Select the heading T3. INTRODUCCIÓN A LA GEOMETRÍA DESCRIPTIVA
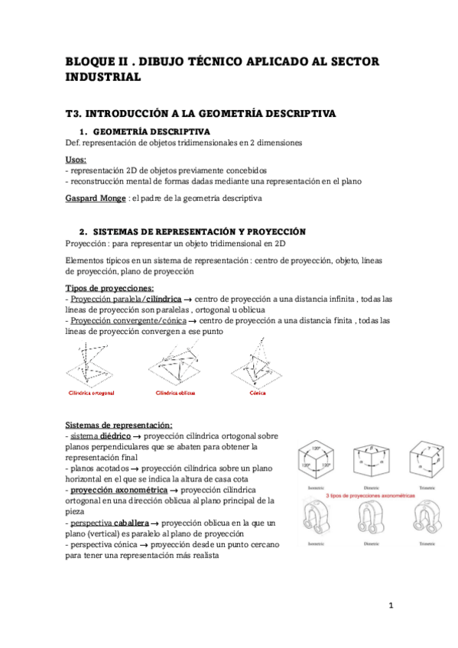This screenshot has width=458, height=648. coord(200,114)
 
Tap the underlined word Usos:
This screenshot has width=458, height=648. coord(76,160)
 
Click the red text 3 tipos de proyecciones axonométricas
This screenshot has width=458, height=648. coord(370,495)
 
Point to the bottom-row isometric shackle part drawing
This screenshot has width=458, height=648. coord(315,520)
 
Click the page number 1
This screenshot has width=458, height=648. coord(390,606)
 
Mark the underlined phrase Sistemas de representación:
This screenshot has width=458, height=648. coord(119,424)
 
